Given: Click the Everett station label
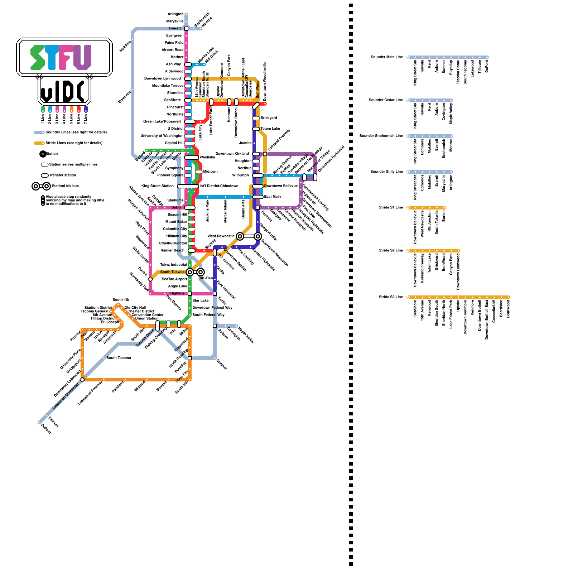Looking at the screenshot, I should pos(175,29).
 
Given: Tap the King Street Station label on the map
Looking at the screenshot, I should pos(157,186).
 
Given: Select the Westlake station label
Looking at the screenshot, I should pos(207,158).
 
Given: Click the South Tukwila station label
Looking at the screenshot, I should pos(172,272).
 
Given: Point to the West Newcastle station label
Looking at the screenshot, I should pos(221,236).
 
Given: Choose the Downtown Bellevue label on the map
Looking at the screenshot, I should pos(281,186).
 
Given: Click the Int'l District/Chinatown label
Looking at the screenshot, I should pos(219,186).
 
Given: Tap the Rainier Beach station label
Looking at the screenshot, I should pos(173,251).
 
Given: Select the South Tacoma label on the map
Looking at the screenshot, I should pos(119,358).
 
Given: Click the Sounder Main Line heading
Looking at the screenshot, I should pos(387,57).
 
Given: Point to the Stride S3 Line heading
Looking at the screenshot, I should pos(391,297).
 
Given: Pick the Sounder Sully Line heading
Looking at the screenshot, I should pos(386,172).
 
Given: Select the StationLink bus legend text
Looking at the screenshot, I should pos(65,186).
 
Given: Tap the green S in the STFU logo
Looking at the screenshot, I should pos(38,57).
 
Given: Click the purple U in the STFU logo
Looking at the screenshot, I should pos(82,57).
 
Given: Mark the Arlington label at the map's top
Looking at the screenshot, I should pos(175,14).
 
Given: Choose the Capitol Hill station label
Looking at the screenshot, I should pos(174,143).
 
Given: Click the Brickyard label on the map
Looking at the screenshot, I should pos(269,118).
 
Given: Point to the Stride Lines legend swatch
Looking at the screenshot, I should pos(39,143).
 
